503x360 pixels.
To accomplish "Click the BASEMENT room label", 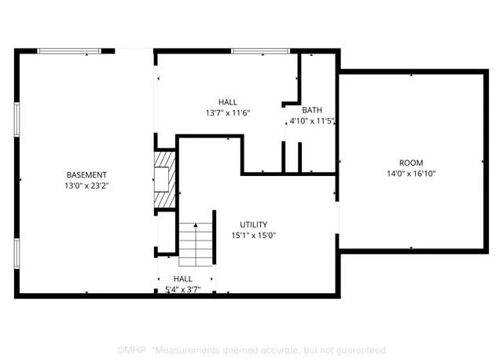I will click(x=86, y=174).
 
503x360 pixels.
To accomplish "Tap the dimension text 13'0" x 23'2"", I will click(x=86, y=186).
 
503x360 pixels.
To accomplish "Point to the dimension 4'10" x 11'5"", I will click(x=312, y=122).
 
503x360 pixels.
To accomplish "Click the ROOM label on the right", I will click(x=410, y=163).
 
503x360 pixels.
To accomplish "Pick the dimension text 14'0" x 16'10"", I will click(x=410, y=174).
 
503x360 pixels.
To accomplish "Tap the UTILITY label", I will click(x=254, y=224).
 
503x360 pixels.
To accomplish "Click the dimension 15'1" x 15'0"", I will click(x=254, y=235).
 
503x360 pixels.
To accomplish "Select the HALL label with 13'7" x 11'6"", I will click(x=227, y=102).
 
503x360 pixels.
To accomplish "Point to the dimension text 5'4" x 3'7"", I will click(x=183, y=289).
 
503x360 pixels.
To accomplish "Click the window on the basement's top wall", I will click(x=69, y=51).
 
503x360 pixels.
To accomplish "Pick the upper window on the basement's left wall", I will click(x=17, y=119).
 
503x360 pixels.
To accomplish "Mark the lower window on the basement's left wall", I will click(x=17, y=254).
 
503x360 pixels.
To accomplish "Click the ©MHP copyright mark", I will click(x=130, y=349).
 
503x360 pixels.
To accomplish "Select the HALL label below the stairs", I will click(x=183, y=279).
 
